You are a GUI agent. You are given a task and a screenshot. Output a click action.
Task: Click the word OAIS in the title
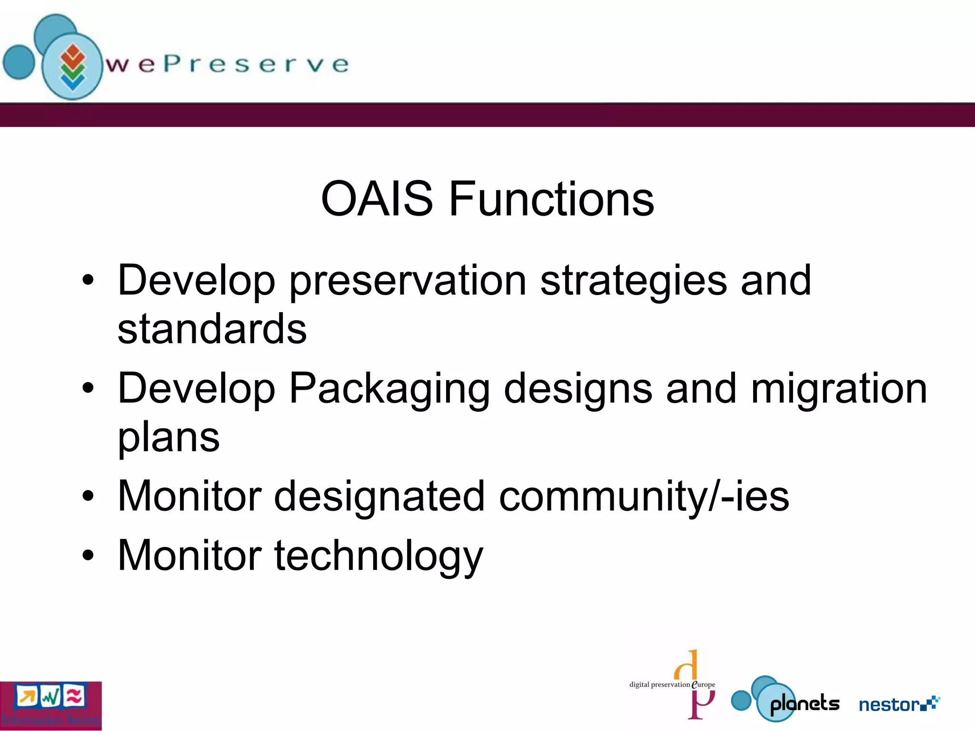pyautogui.click(x=377, y=199)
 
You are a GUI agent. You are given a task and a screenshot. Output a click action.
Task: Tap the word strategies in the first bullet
pyautogui.click(x=633, y=281)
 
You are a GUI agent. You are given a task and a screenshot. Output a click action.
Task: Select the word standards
pyautogui.click(x=212, y=329)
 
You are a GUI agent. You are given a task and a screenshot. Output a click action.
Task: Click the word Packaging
pyautogui.click(x=389, y=389)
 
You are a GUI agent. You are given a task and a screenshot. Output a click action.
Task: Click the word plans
pyautogui.click(x=169, y=438)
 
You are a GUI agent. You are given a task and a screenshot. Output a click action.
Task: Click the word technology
pyautogui.click(x=378, y=556)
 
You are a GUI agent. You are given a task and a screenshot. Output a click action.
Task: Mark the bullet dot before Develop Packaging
pyautogui.click(x=88, y=388)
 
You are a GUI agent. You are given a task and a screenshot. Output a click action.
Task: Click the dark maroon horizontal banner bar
pyautogui.click(x=487, y=115)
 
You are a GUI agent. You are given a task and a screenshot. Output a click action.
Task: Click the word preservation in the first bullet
pyautogui.click(x=408, y=281)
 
